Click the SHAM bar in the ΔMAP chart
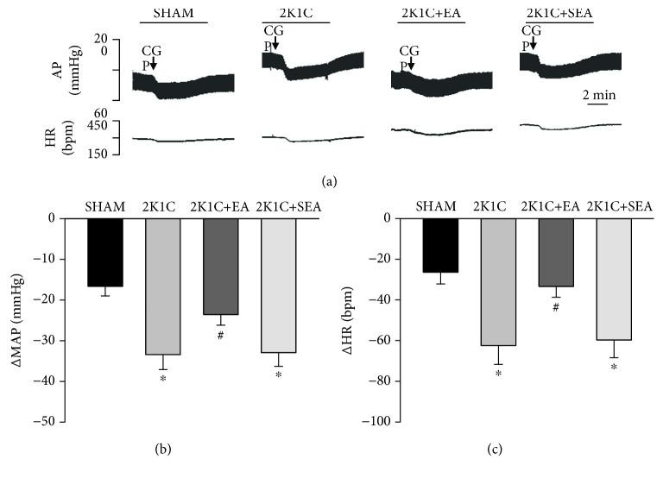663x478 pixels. click(104, 252)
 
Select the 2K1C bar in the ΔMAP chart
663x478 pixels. click(162, 286)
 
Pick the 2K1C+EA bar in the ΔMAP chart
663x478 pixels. click(221, 266)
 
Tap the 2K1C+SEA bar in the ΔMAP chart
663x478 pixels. click(278, 285)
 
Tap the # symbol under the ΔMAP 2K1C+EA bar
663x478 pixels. click(221, 336)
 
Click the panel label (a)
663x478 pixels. click(329, 181)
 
